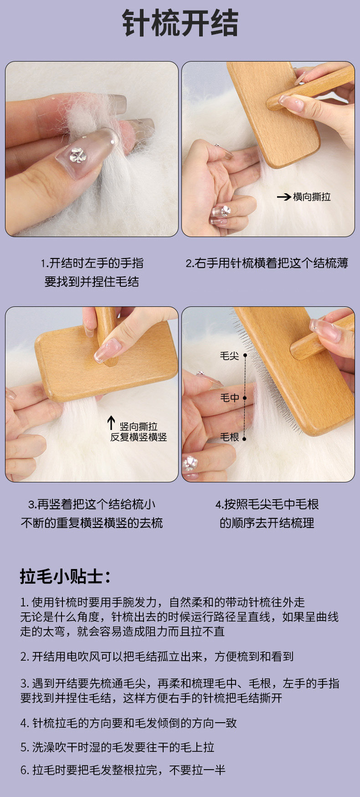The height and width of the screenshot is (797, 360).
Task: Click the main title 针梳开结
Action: [x=180, y=23]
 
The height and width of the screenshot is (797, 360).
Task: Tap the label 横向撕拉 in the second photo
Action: [x=312, y=197]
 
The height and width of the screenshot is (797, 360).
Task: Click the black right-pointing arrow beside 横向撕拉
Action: [x=284, y=197]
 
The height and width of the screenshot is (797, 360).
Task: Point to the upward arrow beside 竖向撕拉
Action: [x=111, y=423]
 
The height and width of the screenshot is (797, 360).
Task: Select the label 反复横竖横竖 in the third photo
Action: [x=139, y=437]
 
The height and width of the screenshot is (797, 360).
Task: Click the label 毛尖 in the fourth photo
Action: [x=229, y=356]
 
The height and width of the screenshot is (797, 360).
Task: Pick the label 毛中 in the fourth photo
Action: [x=229, y=398]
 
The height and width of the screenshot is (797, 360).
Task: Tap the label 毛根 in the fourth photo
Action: [x=229, y=437]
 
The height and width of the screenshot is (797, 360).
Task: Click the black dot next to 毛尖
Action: [x=245, y=355]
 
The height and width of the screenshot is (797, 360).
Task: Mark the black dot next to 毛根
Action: [x=244, y=439]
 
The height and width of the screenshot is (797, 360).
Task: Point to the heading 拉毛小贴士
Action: [x=65, y=576]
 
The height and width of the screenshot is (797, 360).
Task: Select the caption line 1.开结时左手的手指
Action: [x=92, y=263]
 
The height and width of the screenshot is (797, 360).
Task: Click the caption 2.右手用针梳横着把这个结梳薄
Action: [x=267, y=263]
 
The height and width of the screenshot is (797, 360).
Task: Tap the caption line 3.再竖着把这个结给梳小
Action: [x=92, y=504]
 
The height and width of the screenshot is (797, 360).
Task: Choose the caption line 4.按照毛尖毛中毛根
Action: [x=267, y=504]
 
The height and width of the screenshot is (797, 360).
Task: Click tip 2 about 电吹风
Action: [x=157, y=657]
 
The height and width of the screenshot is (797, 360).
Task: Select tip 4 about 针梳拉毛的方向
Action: [x=129, y=723]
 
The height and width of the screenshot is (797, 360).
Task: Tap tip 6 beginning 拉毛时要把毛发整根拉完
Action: [x=123, y=770]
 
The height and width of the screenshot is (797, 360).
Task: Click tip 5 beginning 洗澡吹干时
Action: [x=117, y=747]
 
